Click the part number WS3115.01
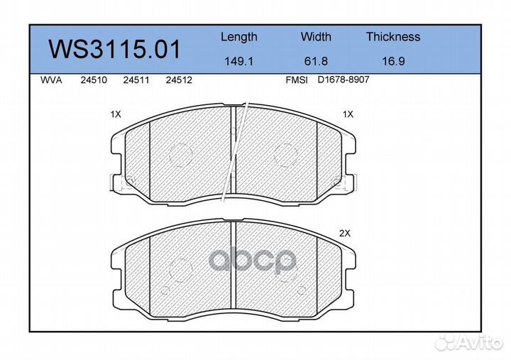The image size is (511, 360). (x=114, y=49)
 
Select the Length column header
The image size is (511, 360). (x=239, y=37)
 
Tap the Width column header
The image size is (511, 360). (x=316, y=36)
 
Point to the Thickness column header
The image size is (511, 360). (x=393, y=36)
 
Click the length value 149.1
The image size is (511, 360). (x=239, y=61)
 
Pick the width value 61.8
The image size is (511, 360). (x=316, y=61)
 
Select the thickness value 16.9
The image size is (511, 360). (x=393, y=61)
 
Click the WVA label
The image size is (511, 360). (x=51, y=80)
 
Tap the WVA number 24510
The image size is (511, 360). (x=94, y=80)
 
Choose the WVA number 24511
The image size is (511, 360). (x=136, y=80)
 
